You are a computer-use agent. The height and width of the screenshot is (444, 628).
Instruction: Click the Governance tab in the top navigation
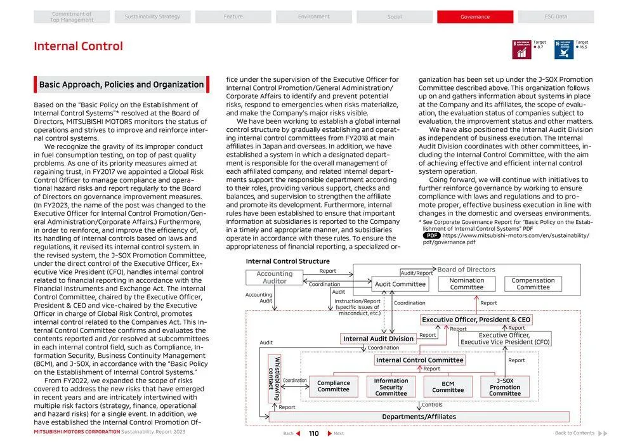(475, 16)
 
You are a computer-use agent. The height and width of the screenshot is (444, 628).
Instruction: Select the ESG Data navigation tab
(556, 16)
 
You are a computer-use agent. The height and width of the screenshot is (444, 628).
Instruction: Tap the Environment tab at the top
(313, 16)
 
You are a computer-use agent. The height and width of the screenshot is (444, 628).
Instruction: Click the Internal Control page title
(78, 46)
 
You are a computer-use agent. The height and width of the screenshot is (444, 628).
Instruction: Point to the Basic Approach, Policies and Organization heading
(121, 85)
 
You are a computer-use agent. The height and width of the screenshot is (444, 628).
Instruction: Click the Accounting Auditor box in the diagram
(275, 278)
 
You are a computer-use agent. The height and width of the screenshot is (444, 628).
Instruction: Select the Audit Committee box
(400, 284)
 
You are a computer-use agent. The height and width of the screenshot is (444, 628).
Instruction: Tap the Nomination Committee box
(467, 284)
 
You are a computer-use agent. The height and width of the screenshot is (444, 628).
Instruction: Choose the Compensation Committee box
(533, 284)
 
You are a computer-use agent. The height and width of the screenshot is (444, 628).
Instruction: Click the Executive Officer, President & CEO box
(476, 320)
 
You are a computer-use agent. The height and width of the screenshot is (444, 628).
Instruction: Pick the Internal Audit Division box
(378, 339)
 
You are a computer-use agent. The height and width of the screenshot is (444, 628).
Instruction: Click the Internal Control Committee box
(419, 360)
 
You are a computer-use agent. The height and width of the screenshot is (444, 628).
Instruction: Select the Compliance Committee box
(334, 386)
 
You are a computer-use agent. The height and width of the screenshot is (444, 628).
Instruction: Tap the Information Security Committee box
(391, 387)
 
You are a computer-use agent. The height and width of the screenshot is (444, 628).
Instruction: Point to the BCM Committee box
(448, 387)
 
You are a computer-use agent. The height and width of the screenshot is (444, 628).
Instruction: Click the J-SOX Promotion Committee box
(505, 387)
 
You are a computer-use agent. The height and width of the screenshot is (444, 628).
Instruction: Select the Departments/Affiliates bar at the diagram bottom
(419, 417)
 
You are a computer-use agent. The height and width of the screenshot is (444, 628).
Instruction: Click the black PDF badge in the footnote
(432, 235)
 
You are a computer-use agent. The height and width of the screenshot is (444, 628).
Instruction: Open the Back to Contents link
(575, 433)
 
